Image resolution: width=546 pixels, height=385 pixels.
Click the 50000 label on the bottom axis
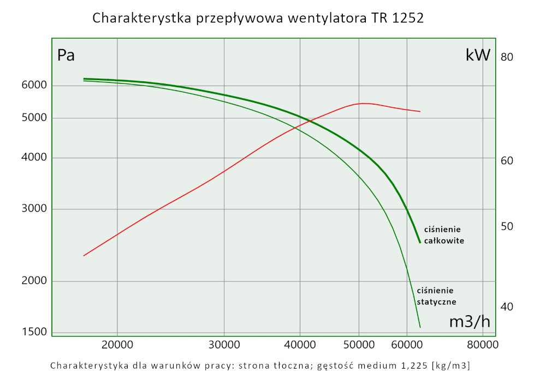coord(359,345)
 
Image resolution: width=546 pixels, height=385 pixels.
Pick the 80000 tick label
coord(482,345)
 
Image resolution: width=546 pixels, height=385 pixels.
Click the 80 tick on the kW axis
coord(507,57)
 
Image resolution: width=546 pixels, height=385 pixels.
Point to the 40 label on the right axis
coord(507,306)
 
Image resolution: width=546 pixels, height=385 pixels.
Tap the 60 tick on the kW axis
coord(507,161)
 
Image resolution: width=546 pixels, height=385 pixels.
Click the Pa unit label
coord(66,56)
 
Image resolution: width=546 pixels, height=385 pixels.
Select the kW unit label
coord(478,55)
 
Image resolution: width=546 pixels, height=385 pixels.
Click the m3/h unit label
coord(470,322)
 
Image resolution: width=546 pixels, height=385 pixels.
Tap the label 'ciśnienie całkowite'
coord(444,235)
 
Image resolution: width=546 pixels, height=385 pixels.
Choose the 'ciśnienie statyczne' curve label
coord(436,296)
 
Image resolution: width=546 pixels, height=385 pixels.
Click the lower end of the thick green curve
coord(420,242)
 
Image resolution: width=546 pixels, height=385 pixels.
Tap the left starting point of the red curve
coord(84,255)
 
